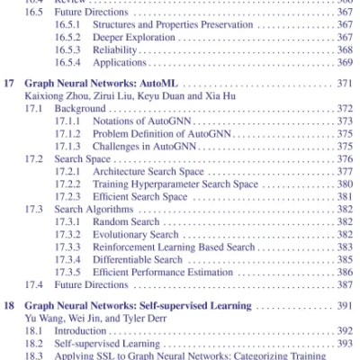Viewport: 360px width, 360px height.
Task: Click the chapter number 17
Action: [10, 83]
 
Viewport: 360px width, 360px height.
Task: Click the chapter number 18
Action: [10, 306]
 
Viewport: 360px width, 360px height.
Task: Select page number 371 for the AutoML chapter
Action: [344, 83]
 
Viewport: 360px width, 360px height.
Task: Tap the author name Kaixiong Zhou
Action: [57, 95]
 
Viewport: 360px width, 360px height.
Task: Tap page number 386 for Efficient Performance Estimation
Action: [344, 272]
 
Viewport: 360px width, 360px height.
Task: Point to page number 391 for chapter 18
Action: [344, 306]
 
